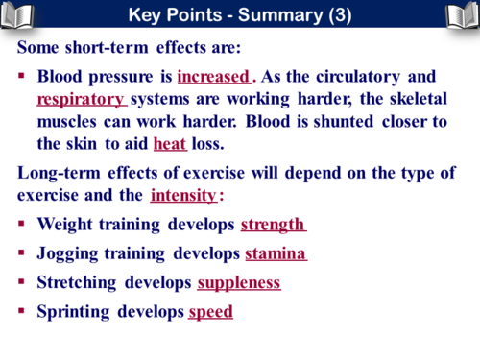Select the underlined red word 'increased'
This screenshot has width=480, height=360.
click(x=213, y=76)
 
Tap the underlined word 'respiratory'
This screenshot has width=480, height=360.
click(x=81, y=98)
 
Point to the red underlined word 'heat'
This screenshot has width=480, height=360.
click(x=169, y=144)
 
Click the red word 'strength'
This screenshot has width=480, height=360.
click(x=272, y=225)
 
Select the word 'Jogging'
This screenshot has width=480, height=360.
click(x=67, y=254)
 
